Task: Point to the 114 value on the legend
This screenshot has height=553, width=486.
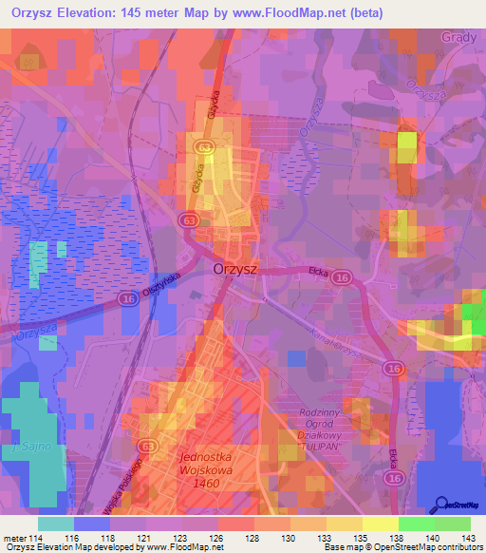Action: [x=37, y=540]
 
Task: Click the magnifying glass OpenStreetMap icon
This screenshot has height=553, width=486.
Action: [x=441, y=505]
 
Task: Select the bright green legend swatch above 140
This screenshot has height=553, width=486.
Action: [x=417, y=524]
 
